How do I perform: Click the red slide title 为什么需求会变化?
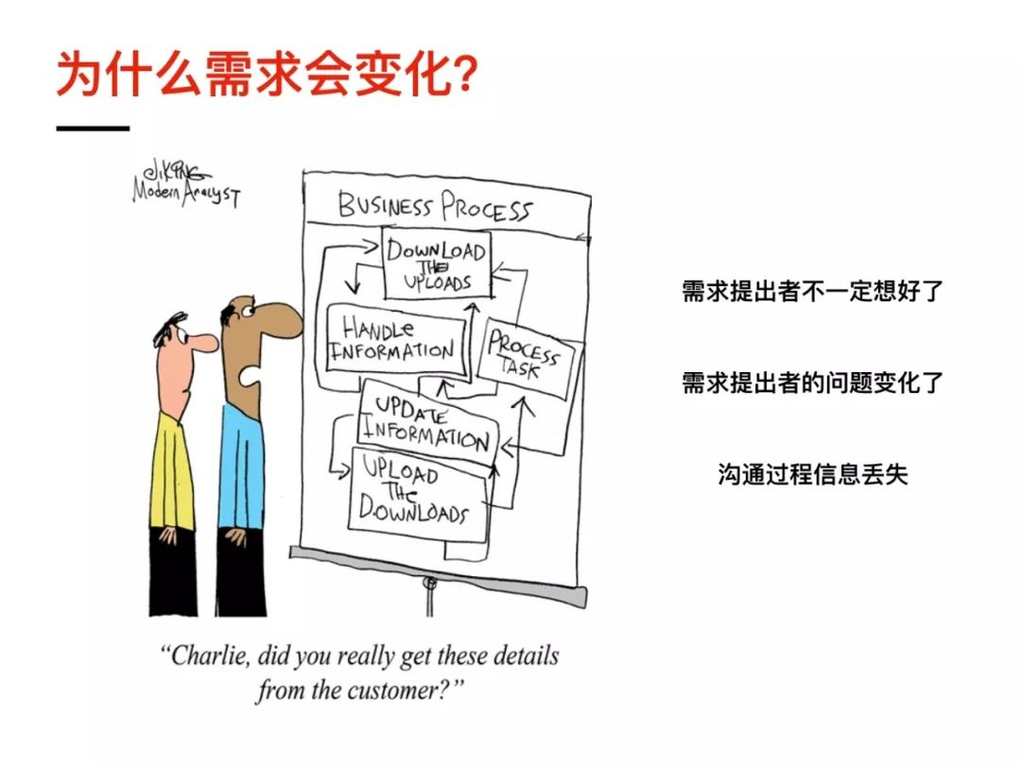click(x=266, y=75)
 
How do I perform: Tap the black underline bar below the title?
click(x=92, y=128)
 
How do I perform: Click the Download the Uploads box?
click(x=437, y=263)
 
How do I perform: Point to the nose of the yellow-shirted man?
click(x=203, y=342)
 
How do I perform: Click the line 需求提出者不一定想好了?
click(x=813, y=291)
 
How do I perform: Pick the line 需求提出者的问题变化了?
click(x=813, y=382)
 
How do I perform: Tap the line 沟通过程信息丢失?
click(x=813, y=474)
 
